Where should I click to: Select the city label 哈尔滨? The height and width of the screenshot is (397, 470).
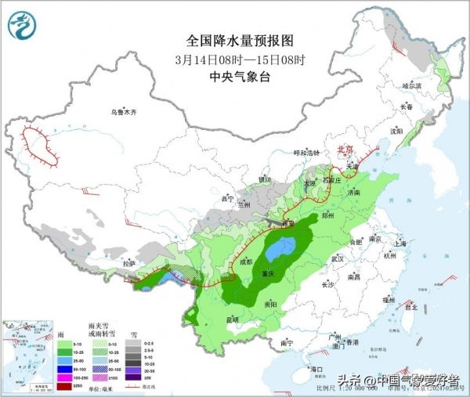[x=412, y=85]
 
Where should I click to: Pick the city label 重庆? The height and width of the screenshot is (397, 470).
[x=270, y=273]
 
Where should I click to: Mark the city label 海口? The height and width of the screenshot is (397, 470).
[x=316, y=368]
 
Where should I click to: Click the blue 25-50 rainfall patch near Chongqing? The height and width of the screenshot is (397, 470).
[x=279, y=251]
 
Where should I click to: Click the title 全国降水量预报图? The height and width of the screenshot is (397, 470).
[x=233, y=39]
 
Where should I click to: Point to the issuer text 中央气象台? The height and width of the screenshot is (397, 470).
[x=233, y=76]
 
